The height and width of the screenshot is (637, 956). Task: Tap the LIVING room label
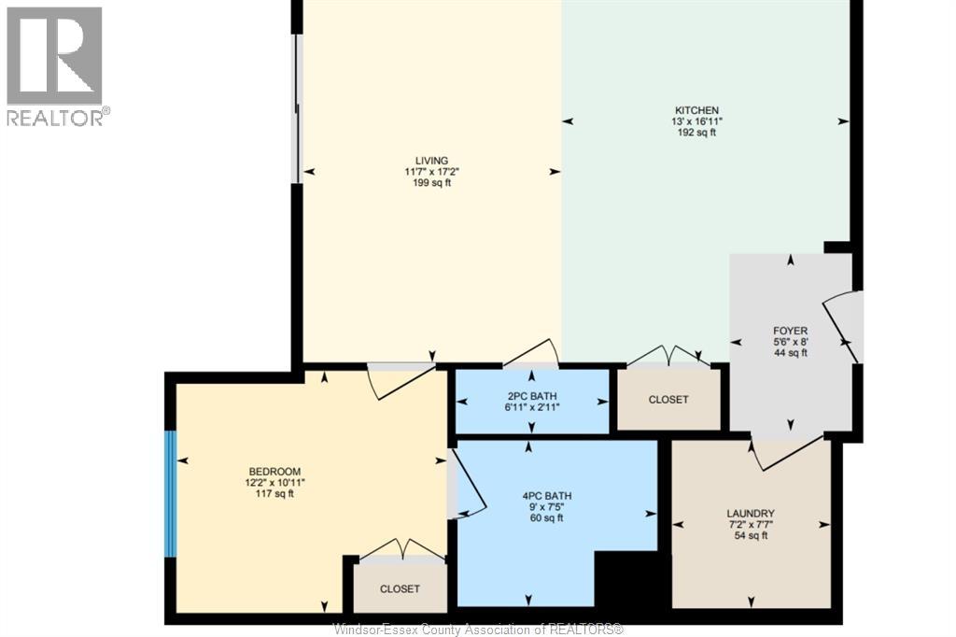click(x=431, y=161)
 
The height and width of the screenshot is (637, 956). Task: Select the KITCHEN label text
click(x=696, y=110)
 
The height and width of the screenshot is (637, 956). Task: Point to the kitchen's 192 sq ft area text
click(x=696, y=133)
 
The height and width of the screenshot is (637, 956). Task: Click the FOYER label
click(x=790, y=331)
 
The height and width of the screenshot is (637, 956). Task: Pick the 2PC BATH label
click(x=531, y=396)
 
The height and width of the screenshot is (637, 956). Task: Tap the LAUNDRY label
click(x=751, y=514)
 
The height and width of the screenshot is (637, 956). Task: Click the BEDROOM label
click(x=274, y=472)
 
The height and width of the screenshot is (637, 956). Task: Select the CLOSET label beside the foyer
click(x=668, y=400)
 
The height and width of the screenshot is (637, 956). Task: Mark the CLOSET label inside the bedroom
click(x=400, y=588)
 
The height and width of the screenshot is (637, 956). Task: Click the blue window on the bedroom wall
click(x=171, y=494)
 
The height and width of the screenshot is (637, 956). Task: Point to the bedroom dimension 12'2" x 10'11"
click(x=274, y=483)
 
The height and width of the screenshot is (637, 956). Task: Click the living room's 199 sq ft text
click(x=431, y=183)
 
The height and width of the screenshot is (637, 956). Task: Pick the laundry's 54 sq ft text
click(x=751, y=536)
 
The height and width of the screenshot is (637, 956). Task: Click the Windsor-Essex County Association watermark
click(x=479, y=630)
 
